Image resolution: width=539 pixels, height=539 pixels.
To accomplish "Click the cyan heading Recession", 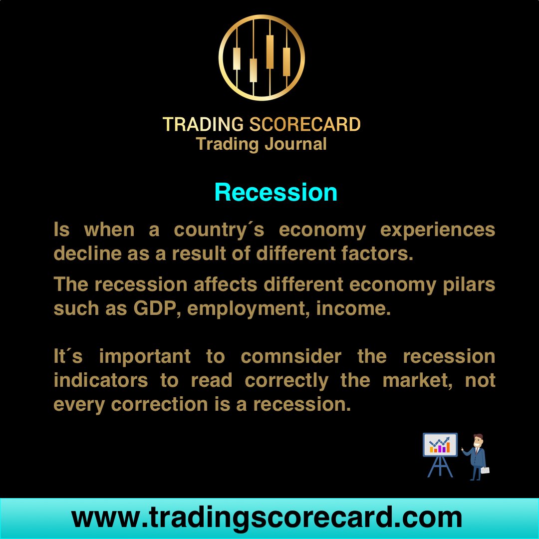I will (275, 193).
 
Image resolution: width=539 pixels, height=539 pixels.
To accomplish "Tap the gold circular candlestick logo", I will (262, 58).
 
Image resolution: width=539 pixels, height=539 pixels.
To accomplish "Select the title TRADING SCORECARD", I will (262, 124).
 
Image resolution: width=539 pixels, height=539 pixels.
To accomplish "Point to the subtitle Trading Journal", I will (262, 144).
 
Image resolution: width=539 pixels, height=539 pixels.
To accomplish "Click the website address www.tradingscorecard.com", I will (267, 518).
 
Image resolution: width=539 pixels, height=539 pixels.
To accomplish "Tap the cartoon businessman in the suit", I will (477, 457).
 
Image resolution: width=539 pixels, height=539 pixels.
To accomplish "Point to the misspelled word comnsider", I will (291, 357).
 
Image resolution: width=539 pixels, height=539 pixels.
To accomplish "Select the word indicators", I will (100, 381).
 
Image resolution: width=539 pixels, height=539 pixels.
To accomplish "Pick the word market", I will (415, 381).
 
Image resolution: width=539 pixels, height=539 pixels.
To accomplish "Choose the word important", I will (145, 357).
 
